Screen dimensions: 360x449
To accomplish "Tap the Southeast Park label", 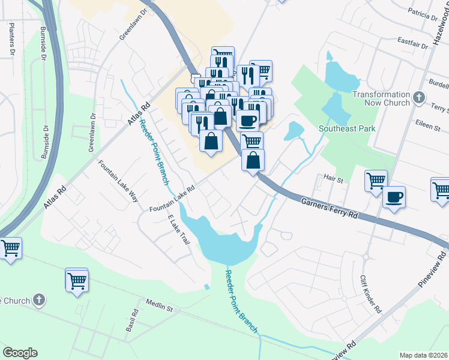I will pos(346,128).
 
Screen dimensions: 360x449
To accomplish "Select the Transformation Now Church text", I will pos(381,98).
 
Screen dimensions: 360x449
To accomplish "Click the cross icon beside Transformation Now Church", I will pos(420,97).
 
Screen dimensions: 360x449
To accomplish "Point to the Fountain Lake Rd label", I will pos(172,199).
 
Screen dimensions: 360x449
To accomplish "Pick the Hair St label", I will pos(333,179).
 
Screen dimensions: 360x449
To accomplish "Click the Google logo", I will pos(20,353).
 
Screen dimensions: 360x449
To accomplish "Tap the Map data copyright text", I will pos(424,355).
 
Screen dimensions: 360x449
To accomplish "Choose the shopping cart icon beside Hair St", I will pos(376,179).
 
